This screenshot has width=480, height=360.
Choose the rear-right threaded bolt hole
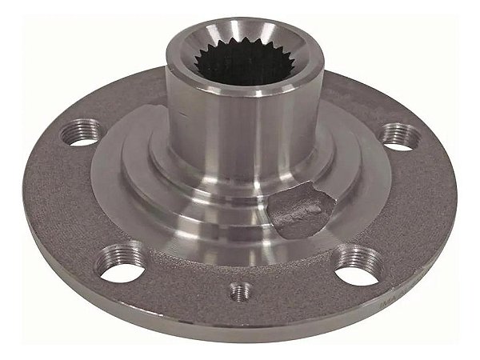394,134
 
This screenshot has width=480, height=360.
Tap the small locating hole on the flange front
237,290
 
